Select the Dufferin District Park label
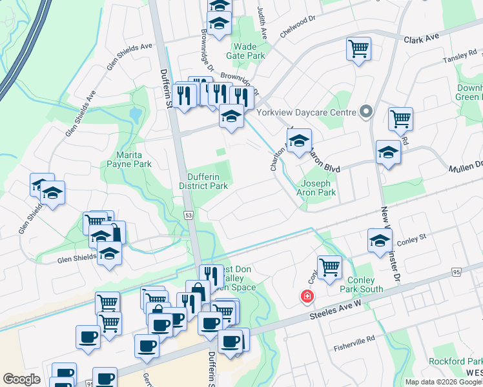tap(207, 181)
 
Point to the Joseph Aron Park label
tap(316, 187)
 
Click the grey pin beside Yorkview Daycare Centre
tap(366, 112)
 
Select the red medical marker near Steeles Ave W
tap(307, 297)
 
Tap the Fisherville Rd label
tap(354, 342)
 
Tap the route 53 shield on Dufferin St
tap(189, 214)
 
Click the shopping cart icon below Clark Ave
tap(358, 49)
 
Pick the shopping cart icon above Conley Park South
tap(329, 266)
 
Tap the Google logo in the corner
tap(21, 379)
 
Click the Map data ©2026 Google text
tap(442, 382)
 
